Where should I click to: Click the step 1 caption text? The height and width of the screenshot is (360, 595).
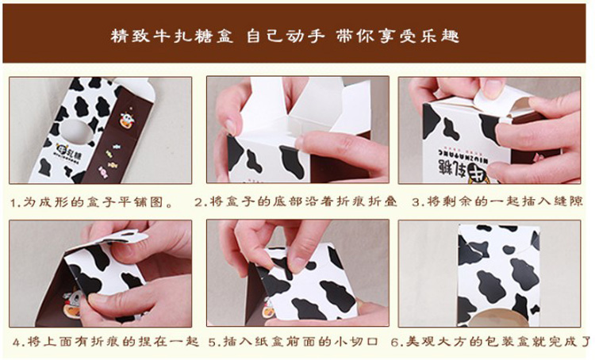click(91, 202)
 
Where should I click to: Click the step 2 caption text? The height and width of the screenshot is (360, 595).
click(296, 201)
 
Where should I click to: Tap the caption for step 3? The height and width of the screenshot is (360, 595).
click(497, 201)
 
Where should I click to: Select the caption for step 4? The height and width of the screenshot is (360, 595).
click(105, 342)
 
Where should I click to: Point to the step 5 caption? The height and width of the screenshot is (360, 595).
click(293, 342)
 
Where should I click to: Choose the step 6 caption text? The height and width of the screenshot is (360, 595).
click(491, 342)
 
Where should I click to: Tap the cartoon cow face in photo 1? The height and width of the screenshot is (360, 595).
click(126, 120)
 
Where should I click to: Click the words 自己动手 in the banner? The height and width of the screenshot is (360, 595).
click(286, 36)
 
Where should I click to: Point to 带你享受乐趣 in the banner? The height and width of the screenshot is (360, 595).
click(397, 36)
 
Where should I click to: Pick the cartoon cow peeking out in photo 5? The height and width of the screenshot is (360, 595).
click(268, 308)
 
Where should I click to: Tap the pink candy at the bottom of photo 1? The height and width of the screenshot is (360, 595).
click(102, 171)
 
